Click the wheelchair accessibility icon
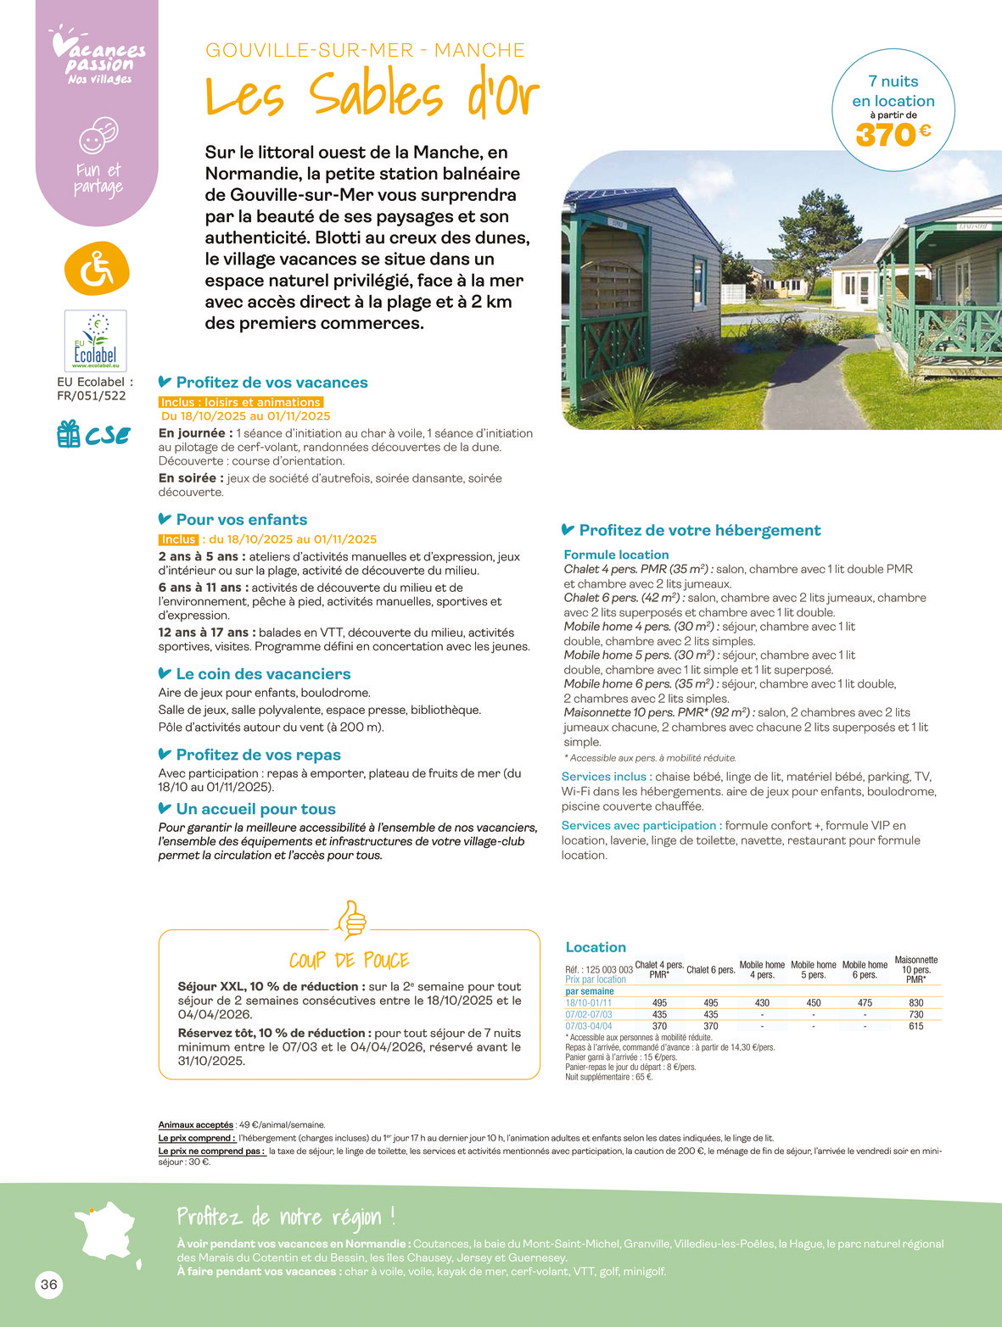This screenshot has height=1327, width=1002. pyautogui.click(x=97, y=268)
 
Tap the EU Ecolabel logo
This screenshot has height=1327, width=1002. pyautogui.click(x=96, y=341)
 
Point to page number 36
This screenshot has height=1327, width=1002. pyautogui.click(x=49, y=1285)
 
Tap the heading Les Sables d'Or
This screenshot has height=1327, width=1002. pyautogui.click(x=372, y=95)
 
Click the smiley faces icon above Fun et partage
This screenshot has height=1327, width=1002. pyautogui.click(x=98, y=135)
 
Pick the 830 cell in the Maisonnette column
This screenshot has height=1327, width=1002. pyautogui.click(x=915, y=1002)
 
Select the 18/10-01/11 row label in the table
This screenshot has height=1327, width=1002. pyautogui.click(x=588, y=1002)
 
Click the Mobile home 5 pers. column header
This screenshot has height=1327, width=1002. pyautogui.click(x=813, y=969)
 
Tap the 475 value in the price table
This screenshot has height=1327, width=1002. pyautogui.click(x=864, y=1002)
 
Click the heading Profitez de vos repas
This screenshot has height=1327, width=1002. pyautogui.click(x=258, y=755)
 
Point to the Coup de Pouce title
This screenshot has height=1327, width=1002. pyautogui.click(x=349, y=960)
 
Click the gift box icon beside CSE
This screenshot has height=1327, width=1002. pyautogui.click(x=68, y=434)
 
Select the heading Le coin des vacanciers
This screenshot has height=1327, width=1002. pyautogui.click(x=263, y=674)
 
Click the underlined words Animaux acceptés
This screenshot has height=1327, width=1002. pyautogui.click(x=195, y=1124)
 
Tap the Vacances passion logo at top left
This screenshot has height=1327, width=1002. pyautogui.click(x=98, y=58)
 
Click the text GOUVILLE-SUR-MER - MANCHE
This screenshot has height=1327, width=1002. pyautogui.click(x=365, y=50)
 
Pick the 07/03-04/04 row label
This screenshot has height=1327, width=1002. pyautogui.click(x=588, y=1026)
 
